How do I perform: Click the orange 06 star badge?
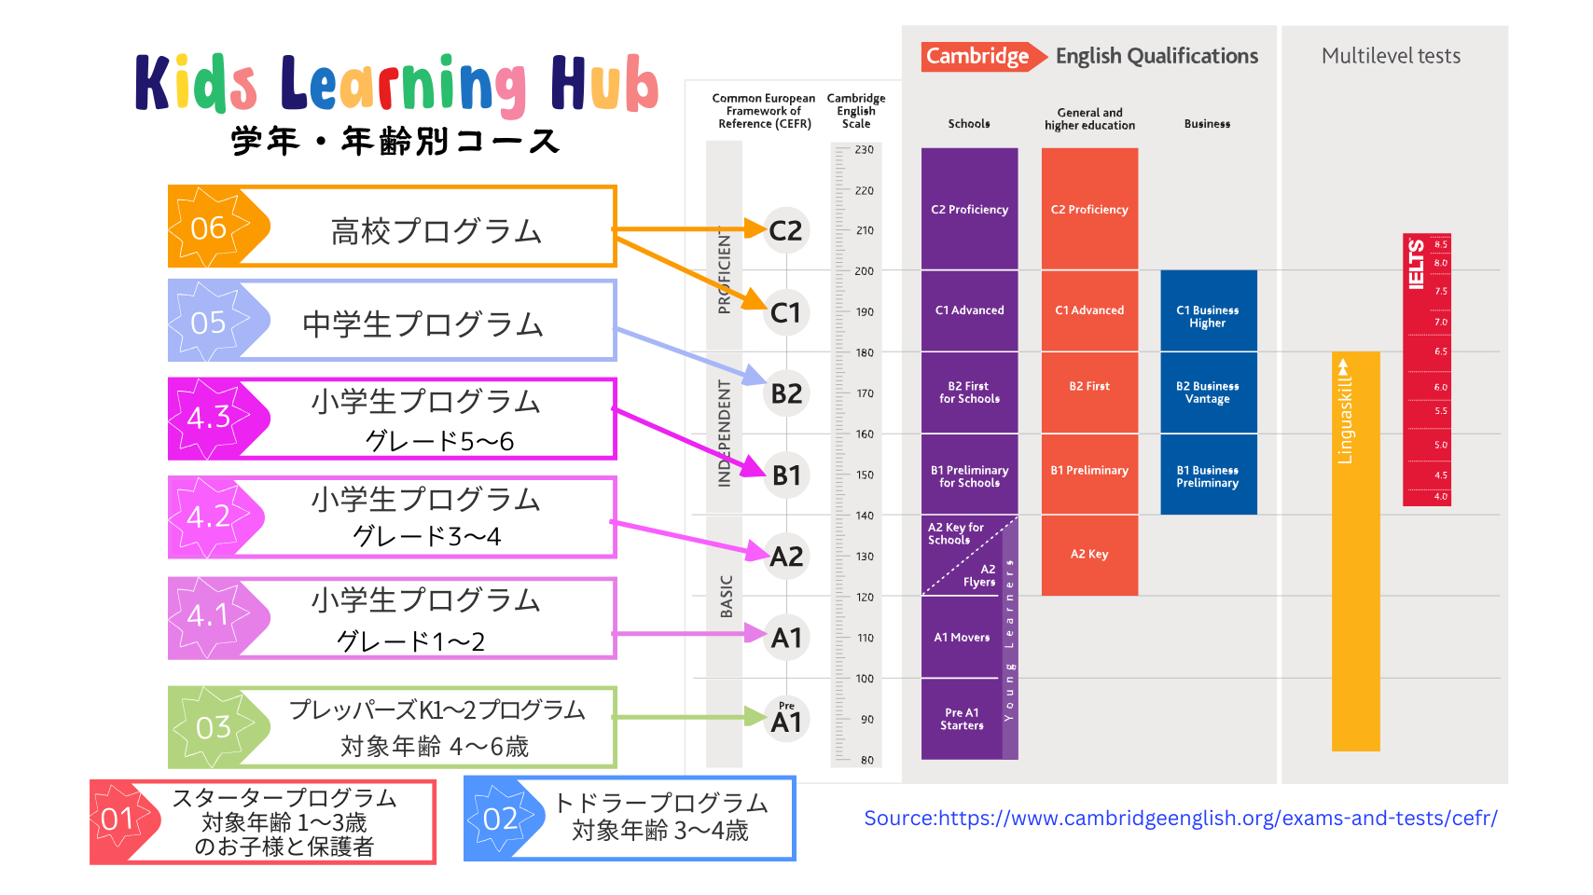tap(209, 227)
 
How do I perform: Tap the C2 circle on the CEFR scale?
tap(785, 230)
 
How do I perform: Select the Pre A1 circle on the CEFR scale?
tap(785, 719)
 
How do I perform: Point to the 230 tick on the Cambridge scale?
tap(864, 150)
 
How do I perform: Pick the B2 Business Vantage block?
tap(1208, 392)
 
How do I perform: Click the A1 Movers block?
tap(962, 638)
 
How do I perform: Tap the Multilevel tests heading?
tap(1391, 56)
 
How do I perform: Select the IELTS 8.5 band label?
tap(1441, 244)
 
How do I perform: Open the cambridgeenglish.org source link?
tap(1180, 819)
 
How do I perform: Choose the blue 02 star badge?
tap(501, 819)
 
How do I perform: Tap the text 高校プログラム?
tap(436, 231)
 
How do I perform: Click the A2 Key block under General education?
tap(1089, 555)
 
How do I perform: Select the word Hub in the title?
tap(603, 84)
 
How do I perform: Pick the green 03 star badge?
tap(213, 727)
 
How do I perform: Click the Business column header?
tap(1207, 124)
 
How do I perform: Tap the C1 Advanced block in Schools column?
tap(969, 310)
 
